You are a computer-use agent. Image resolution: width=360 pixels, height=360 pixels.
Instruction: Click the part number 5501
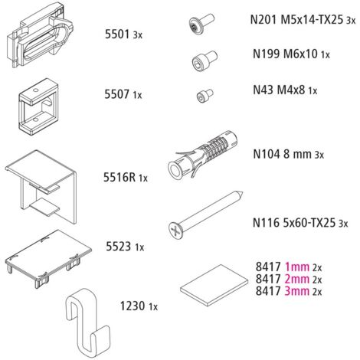[x=117, y=34]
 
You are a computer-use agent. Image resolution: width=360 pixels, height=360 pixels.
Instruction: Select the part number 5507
[x=117, y=94]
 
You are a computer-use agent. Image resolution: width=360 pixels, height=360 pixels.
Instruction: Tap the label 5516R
[x=119, y=177]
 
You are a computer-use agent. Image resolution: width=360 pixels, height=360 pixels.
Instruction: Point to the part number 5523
[x=119, y=247]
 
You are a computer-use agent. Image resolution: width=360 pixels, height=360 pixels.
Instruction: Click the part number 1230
[x=133, y=306]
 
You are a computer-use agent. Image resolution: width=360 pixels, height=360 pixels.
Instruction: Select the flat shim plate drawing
[x=214, y=285]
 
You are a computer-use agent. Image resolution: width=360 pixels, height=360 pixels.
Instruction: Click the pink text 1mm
[x=296, y=267]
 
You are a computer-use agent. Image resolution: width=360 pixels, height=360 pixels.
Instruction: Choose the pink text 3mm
[x=296, y=291]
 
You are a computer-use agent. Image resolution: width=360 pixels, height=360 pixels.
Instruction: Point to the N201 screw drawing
[x=201, y=23]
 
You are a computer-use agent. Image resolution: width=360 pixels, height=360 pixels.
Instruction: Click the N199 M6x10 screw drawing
[x=205, y=60]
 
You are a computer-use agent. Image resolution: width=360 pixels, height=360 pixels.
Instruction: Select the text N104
[x=267, y=154]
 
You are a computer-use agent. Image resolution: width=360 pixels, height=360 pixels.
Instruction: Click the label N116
[x=266, y=223]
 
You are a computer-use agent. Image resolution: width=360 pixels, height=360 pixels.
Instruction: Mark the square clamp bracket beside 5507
[x=38, y=106]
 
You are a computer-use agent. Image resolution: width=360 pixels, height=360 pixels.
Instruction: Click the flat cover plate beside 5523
[x=48, y=258]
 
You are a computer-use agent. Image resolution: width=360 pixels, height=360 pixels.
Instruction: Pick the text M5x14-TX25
[x=312, y=19]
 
